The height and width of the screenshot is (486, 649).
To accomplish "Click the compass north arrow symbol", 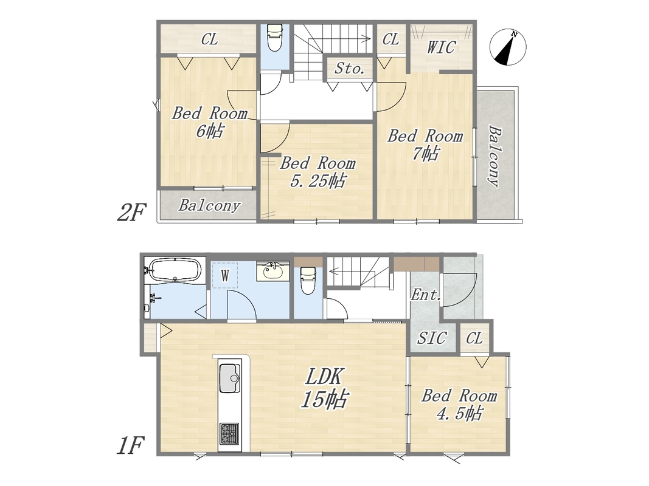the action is [508, 47].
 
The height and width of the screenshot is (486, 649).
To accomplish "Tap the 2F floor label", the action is [131, 213].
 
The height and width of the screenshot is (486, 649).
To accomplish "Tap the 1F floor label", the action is [130, 446].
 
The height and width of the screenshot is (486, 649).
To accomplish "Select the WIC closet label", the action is [441, 47].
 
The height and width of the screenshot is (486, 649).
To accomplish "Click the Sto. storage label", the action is [350, 68].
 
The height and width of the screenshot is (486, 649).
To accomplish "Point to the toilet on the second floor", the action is [274, 37].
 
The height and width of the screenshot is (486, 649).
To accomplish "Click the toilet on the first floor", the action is [308, 280].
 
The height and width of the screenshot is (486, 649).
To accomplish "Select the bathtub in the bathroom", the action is [176, 270].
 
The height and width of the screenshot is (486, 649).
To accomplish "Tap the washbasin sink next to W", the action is [272, 272].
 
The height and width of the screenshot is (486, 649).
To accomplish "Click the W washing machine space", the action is [225, 275].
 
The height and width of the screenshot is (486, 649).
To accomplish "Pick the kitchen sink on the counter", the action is [229, 378].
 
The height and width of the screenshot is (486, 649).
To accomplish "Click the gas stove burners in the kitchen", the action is [229, 433].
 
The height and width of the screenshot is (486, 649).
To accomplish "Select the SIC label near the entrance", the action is [432, 338].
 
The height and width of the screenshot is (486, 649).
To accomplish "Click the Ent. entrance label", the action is [426, 295].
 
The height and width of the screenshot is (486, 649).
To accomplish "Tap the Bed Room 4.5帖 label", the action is [459, 405].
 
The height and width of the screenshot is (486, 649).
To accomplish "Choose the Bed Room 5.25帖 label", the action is [318, 172].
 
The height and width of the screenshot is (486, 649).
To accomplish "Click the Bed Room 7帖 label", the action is [425, 145].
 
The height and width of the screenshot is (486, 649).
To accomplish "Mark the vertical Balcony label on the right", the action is [495, 156].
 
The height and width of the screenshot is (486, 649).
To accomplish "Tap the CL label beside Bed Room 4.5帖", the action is [474, 338].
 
